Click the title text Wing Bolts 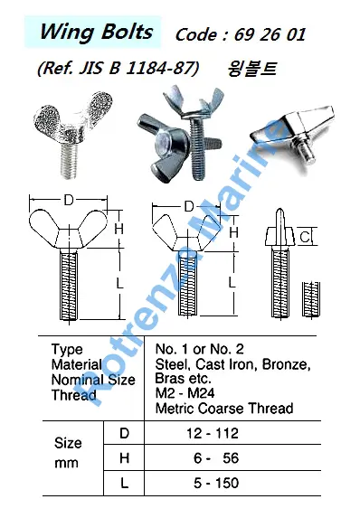[x=96, y=33]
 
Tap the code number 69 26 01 [x=270, y=34]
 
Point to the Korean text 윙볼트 [x=251, y=69]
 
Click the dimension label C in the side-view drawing [x=306, y=237]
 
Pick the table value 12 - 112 [x=213, y=433]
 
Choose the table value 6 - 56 [x=216, y=458]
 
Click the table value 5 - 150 [x=216, y=483]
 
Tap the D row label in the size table [x=124, y=433]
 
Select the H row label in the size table [x=124, y=458]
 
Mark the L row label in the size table [x=124, y=484]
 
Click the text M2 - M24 [x=185, y=393]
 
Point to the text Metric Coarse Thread [x=224, y=409]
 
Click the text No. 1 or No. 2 [x=200, y=349]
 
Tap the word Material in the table [x=77, y=364]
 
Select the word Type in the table [x=67, y=350]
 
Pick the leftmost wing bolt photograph [x=72, y=135]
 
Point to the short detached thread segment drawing [x=311, y=299]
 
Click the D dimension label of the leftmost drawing [x=69, y=200]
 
